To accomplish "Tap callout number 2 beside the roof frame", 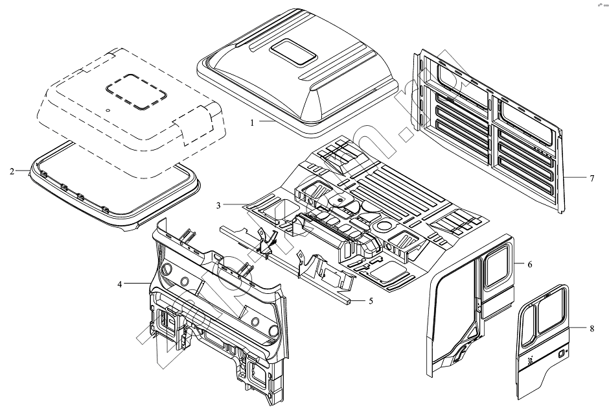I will [12, 171].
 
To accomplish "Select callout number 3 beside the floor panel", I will [220, 205].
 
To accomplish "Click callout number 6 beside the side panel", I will [529, 265].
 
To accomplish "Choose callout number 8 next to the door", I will [592, 329].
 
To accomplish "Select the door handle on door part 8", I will [560, 354].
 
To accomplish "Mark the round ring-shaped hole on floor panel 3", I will [382, 228].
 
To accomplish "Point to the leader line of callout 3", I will [235, 205].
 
